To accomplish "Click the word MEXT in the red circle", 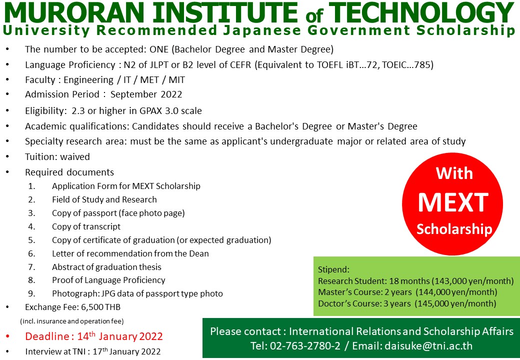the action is (x=453, y=202).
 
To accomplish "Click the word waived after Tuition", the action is (x=75, y=156).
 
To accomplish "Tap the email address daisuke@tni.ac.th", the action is (x=428, y=346).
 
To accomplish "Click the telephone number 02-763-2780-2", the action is (x=305, y=346).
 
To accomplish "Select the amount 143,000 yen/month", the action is (x=472, y=281).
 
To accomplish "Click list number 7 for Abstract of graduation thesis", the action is (x=31, y=267).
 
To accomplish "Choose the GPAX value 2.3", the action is (x=78, y=110).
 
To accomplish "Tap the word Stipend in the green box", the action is (x=333, y=270).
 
